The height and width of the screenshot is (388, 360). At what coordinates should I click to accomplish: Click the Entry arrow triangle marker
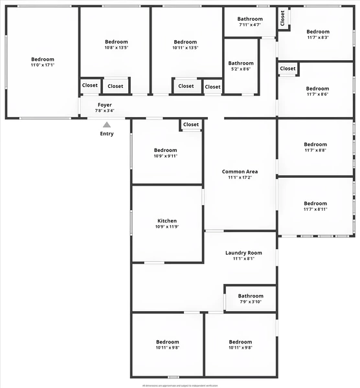107,124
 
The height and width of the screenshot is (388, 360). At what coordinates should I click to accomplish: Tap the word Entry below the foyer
107,134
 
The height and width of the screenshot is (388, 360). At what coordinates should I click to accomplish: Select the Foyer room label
105,105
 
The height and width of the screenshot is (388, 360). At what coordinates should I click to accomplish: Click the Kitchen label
166,221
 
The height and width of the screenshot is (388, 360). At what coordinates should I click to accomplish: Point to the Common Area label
240,171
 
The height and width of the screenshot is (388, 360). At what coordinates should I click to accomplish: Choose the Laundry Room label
243,253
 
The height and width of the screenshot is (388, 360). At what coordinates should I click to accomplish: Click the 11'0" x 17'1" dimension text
43,65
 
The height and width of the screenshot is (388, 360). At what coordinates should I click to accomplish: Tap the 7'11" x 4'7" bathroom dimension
250,25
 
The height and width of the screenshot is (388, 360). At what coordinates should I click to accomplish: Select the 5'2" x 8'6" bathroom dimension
241,69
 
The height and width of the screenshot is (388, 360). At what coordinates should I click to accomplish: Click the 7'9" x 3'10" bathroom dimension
251,302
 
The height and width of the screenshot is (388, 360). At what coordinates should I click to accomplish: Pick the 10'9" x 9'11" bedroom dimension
166,156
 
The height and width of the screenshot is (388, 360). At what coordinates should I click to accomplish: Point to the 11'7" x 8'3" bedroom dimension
318,38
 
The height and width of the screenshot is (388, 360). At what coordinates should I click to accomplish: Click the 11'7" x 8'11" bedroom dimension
315,209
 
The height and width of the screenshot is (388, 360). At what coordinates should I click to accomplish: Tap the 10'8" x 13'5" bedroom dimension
117,47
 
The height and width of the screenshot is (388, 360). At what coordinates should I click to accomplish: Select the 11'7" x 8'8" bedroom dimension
315,150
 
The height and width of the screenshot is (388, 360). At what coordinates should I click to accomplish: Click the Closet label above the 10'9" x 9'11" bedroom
191,125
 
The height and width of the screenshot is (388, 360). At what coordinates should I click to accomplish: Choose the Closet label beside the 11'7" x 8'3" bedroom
283,19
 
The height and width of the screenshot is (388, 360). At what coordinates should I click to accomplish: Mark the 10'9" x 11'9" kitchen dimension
166,227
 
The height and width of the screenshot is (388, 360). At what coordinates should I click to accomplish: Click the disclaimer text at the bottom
180,385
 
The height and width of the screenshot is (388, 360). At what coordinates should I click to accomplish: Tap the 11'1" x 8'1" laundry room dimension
243,259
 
